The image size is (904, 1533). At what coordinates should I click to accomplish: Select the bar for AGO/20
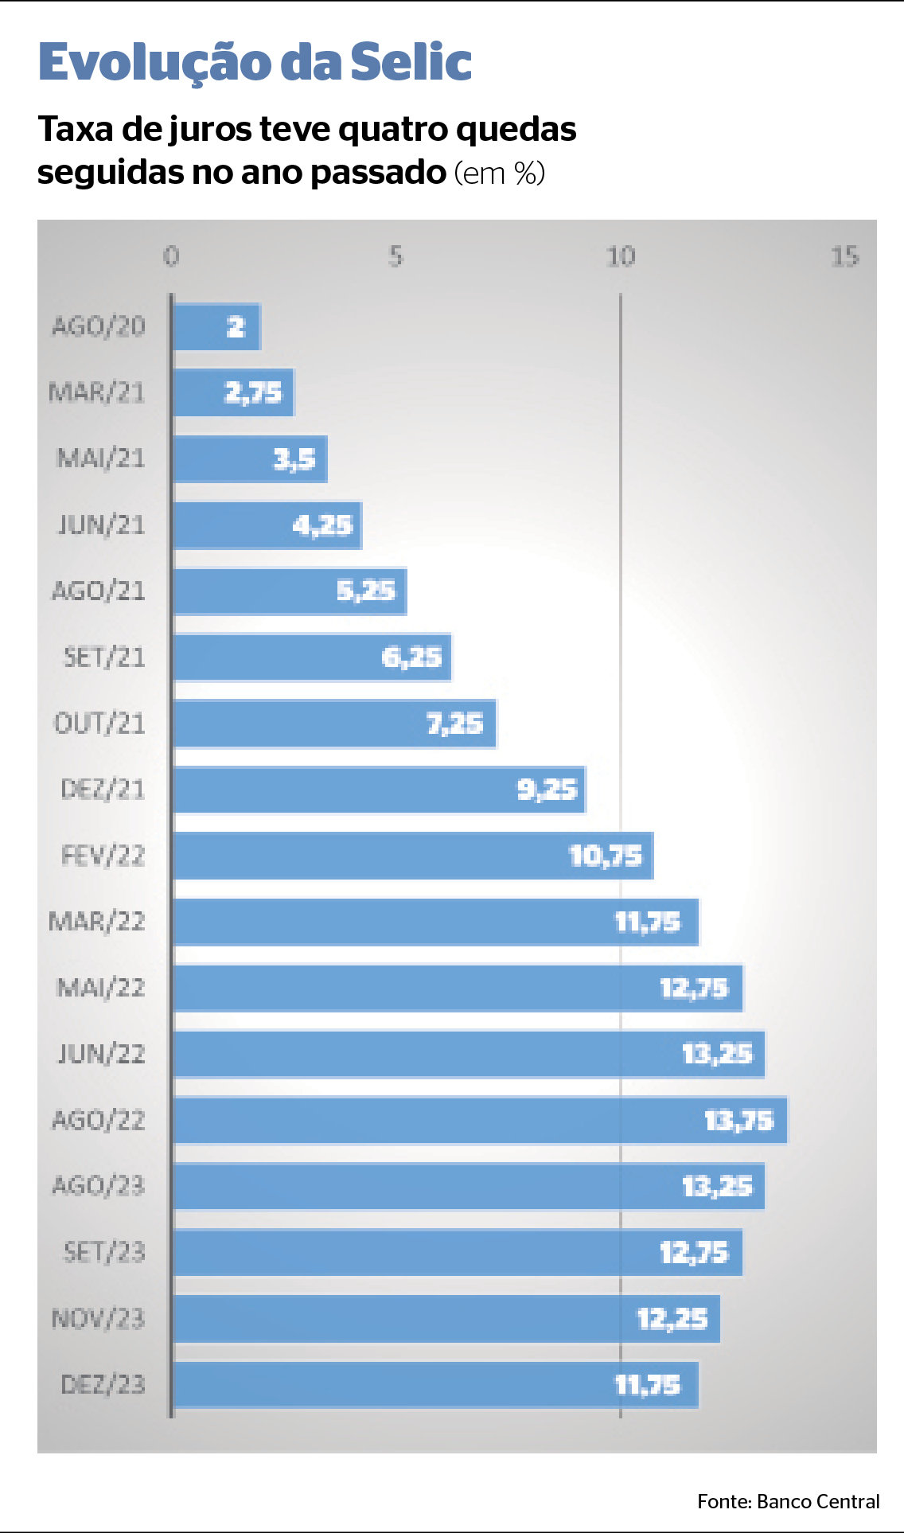[216, 327]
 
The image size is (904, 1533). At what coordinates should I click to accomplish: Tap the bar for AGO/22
[480, 1120]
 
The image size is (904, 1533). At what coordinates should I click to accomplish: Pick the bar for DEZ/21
[379, 790]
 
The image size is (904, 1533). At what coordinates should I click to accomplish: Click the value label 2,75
[253, 392]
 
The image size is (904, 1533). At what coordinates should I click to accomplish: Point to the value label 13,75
[738, 1121]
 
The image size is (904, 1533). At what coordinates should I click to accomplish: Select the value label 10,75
[605, 856]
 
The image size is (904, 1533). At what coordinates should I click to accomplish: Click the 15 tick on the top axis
[844, 256]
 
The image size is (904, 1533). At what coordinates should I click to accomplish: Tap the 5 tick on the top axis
[395, 256]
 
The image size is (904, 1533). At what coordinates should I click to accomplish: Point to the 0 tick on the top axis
[171, 256]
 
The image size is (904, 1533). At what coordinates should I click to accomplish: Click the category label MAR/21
[97, 392]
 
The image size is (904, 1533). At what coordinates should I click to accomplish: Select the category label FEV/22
[103, 856]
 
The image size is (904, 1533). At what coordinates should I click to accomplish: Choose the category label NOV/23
[99, 1319]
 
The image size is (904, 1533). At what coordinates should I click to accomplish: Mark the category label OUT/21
[99, 724]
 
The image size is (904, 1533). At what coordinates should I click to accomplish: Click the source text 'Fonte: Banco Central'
[788, 1501]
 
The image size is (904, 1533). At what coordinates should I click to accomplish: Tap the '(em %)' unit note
[500, 173]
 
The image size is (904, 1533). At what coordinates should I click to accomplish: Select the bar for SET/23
[458, 1253]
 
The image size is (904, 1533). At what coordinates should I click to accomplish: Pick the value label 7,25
[454, 724]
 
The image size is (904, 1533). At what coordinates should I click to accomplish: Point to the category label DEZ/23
[103, 1385]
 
